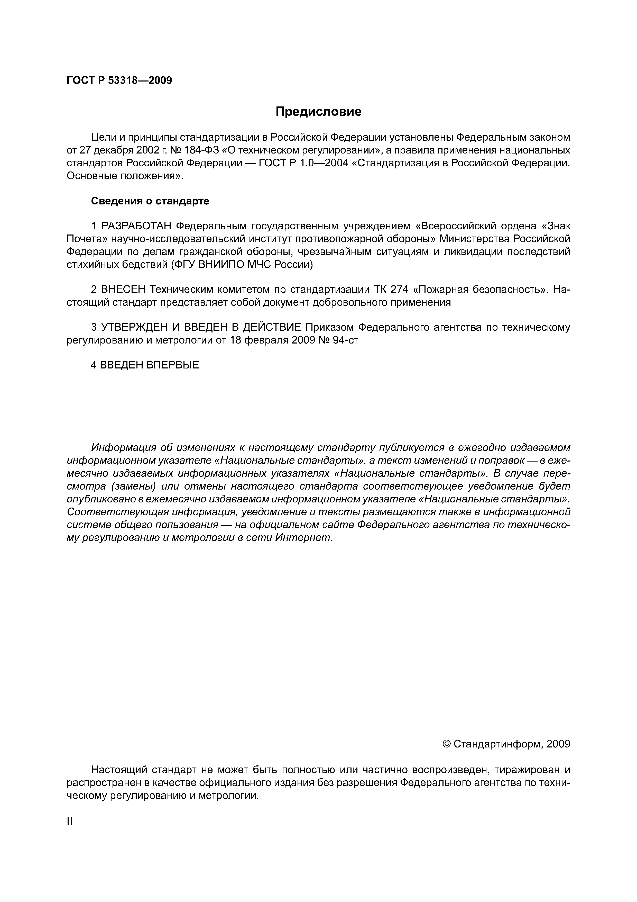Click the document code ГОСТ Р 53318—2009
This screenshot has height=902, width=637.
tap(119, 80)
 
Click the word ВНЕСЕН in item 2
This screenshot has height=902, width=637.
tap(123, 290)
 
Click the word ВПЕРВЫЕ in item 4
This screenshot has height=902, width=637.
tap(173, 365)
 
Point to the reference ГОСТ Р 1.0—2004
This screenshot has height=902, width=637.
tap(304, 163)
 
